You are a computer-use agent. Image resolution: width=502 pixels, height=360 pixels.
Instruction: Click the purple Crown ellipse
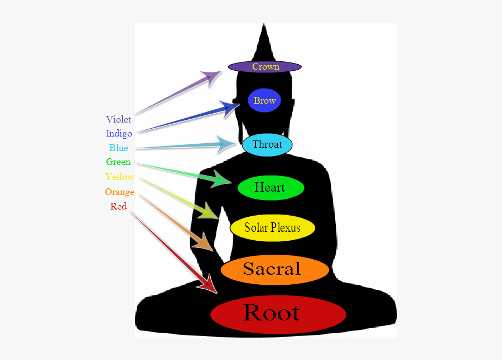tap(265, 67)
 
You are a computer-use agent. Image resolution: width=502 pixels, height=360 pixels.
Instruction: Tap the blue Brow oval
tap(264, 100)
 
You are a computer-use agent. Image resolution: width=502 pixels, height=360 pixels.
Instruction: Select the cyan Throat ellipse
tap(267, 145)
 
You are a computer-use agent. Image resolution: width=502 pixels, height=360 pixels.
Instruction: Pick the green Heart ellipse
tap(271, 188)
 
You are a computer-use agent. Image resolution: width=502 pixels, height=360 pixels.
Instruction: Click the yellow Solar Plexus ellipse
tap(272, 228)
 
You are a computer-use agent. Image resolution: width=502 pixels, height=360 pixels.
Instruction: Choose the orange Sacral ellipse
tap(274, 270)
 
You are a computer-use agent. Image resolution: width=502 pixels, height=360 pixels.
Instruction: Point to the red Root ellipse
tap(278, 314)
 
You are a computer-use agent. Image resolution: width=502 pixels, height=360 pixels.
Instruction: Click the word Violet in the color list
tap(118, 119)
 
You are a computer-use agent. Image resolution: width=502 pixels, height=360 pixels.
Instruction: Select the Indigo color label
tap(119, 134)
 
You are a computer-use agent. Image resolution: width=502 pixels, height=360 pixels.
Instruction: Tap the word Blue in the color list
tap(118, 148)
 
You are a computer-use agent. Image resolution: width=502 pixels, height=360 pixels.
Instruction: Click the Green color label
tap(118, 162)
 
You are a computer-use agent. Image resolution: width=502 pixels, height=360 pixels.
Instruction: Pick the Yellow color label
tap(119, 177)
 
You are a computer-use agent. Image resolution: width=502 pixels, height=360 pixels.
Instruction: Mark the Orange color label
tap(119, 192)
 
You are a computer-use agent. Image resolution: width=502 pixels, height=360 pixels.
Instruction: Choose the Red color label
tap(118, 207)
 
